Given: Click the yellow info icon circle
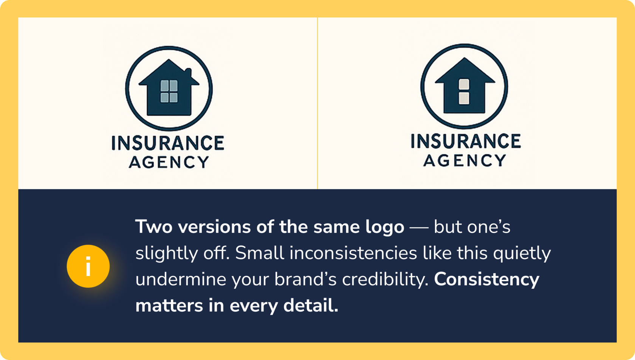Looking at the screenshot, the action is click(x=88, y=266).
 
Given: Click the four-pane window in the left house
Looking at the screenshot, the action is click(x=169, y=91).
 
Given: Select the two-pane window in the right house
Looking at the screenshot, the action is click(x=464, y=92).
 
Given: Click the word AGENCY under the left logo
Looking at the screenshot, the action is click(x=169, y=162).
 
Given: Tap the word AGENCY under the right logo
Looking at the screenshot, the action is click(x=464, y=160).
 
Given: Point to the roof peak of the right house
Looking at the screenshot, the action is click(x=464, y=58).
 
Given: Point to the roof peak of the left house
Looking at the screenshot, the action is click(x=169, y=60).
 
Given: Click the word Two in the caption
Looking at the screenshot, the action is click(x=153, y=227).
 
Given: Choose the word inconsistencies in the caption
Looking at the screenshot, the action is click(x=353, y=253).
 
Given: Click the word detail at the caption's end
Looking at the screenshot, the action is click(x=311, y=306).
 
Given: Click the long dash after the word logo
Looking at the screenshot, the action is click(x=419, y=228).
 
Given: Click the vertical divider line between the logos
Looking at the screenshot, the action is click(x=317, y=103).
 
